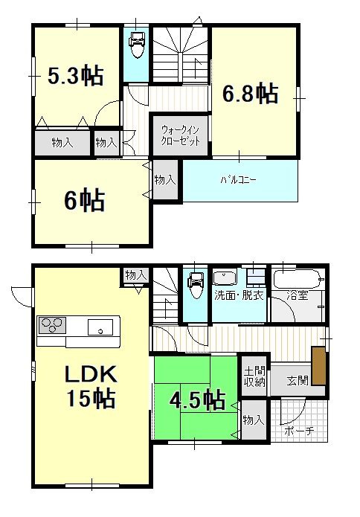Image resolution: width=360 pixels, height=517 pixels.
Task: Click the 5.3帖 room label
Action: point(76,76)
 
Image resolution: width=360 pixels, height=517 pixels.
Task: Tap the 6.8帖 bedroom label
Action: point(251,94)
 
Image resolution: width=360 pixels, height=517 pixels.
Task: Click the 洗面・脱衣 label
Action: point(238,295)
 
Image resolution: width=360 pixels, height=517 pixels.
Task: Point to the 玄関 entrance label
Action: point(298,380)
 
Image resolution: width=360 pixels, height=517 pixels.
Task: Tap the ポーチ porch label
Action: point(299,431)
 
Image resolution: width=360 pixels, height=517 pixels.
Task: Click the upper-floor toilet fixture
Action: point(137,48)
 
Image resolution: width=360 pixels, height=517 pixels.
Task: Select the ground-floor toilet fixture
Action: point(196,283)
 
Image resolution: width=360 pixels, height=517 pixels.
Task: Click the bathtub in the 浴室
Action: point(298,280)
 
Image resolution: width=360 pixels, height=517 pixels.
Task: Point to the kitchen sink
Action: point(100,326)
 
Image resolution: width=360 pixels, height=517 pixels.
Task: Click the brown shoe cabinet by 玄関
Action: point(319,366)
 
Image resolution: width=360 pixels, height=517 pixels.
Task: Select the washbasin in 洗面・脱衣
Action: point(224,278)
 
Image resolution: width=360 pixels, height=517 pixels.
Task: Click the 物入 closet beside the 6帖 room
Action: point(165,180)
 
